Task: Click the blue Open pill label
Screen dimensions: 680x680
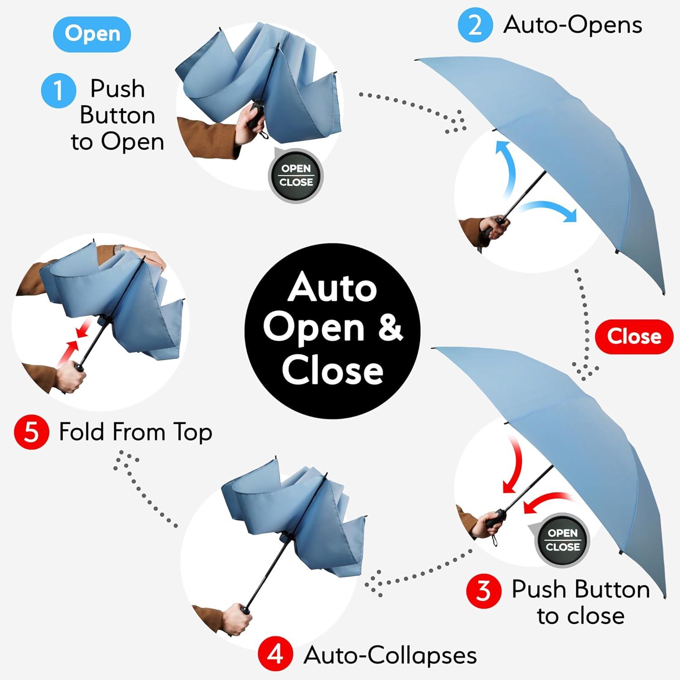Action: click(92, 34)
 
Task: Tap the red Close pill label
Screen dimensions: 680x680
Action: click(634, 336)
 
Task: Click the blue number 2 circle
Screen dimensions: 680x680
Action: click(475, 25)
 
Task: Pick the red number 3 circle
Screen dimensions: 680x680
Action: click(484, 591)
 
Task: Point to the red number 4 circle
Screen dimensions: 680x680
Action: click(275, 655)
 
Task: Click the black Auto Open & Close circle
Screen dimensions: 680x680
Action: click(332, 331)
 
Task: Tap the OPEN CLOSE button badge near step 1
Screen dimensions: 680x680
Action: click(296, 176)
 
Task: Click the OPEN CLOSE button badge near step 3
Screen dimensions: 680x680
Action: click(563, 540)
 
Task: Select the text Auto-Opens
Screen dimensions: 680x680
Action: click(573, 25)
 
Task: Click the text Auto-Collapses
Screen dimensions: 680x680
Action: click(390, 655)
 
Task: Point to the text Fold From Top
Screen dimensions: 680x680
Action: click(136, 432)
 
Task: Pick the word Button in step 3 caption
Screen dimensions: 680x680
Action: click(581, 590)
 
